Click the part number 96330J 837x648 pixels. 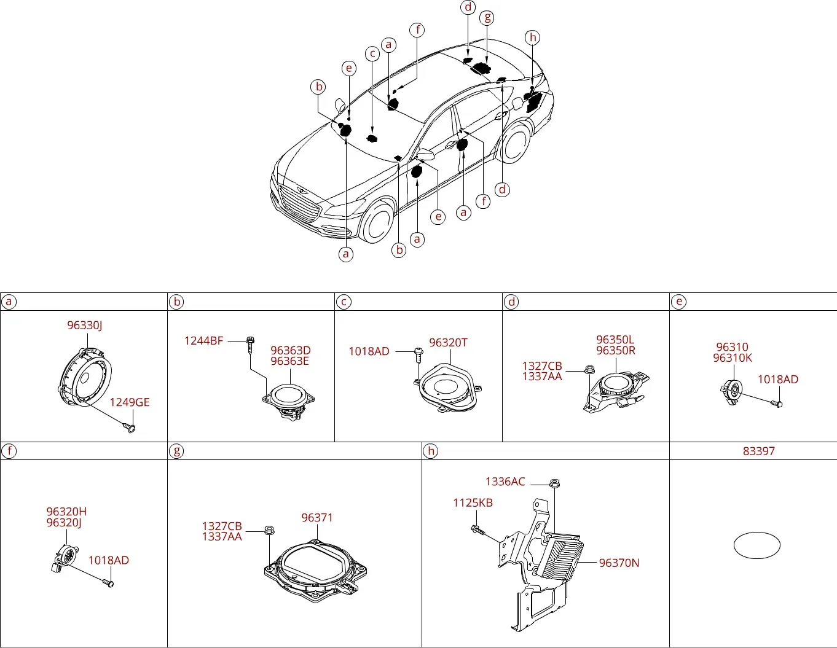point(85,326)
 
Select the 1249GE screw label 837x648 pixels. point(130,402)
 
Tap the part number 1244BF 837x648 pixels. point(203,340)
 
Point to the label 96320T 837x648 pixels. point(448,343)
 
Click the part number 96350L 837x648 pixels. point(615,340)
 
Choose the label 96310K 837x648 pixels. point(733,358)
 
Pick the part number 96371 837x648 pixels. point(317,518)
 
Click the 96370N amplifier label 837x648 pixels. point(619,563)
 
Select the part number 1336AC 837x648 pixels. point(505,482)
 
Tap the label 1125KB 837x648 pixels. point(473,502)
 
